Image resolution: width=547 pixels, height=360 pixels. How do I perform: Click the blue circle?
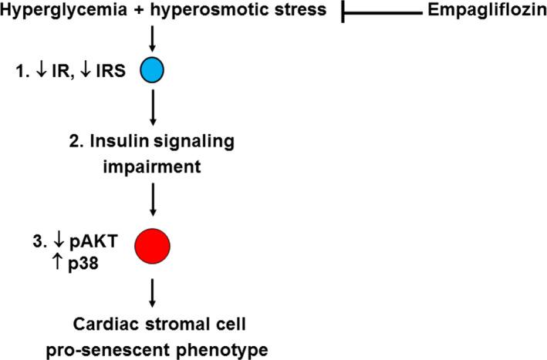pyautogui.click(x=152, y=71)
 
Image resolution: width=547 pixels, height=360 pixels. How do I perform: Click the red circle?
pyautogui.click(x=152, y=244)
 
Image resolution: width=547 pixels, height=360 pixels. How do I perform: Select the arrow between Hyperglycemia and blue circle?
pyautogui.click(x=152, y=38)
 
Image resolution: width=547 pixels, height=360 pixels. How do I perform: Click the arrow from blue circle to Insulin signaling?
pyautogui.click(x=152, y=109)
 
